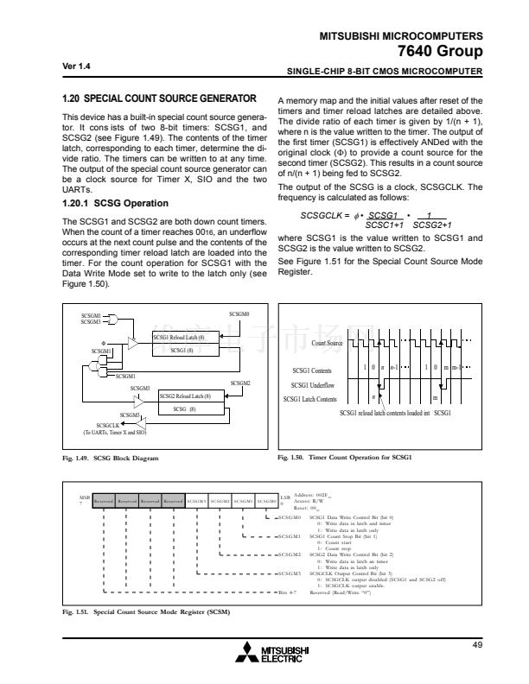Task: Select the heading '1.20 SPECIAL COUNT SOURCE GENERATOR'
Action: (160, 98)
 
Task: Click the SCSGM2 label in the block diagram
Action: (240, 383)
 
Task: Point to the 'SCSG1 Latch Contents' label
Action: (310, 399)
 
